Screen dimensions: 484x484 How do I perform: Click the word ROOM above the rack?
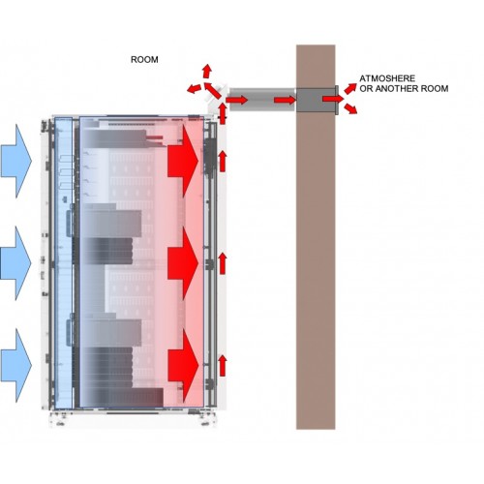point(144,60)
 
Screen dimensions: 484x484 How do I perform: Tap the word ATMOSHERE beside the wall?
point(387,78)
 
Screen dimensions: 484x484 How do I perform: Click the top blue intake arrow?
point(16,161)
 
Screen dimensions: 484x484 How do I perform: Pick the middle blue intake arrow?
point(16,263)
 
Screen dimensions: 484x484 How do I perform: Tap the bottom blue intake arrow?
point(16,366)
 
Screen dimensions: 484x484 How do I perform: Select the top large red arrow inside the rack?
point(183,161)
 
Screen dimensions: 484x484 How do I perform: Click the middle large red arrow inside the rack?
point(183,263)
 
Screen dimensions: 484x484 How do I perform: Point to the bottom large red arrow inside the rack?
point(183,365)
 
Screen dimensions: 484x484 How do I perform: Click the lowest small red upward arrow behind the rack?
point(223,365)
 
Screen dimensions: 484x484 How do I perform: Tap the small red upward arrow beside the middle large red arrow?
point(223,263)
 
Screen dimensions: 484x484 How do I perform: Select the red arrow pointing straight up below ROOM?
point(207,71)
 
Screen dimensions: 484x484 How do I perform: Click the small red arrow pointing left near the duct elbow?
point(194,88)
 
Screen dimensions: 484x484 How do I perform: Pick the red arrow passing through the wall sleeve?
point(333,99)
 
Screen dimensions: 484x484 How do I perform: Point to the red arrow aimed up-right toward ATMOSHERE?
point(350,88)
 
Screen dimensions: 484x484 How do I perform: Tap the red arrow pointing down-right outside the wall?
point(350,108)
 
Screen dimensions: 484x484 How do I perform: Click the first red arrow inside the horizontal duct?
point(236,100)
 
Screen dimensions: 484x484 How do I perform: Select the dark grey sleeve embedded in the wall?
point(317,100)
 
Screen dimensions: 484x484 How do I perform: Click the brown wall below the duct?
point(316,271)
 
